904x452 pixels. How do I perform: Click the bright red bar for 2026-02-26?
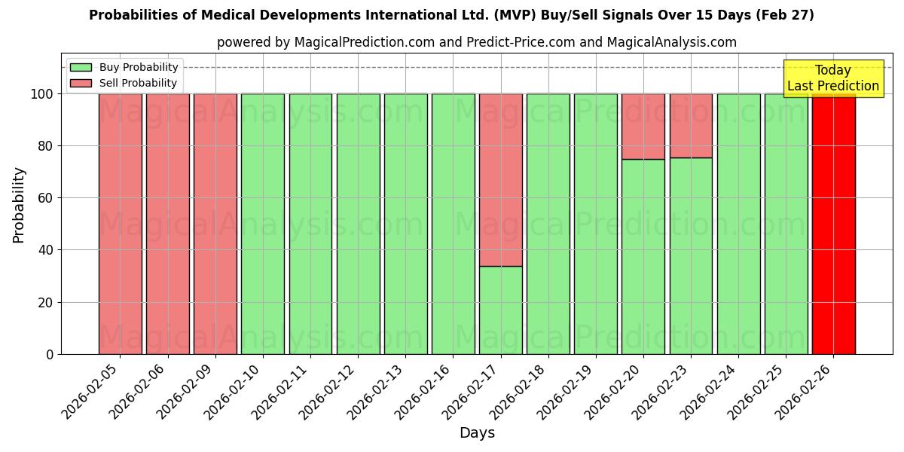(833, 226)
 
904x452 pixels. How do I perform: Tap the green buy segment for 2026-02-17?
(501, 310)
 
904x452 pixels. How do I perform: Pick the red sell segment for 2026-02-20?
(643, 126)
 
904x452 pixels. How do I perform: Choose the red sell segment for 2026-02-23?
(691, 126)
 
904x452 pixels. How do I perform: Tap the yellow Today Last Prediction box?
(832, 78)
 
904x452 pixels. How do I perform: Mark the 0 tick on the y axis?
(50, 354)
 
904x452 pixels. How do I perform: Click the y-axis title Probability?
(19, 205)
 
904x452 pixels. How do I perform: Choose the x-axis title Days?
(477, 433)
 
